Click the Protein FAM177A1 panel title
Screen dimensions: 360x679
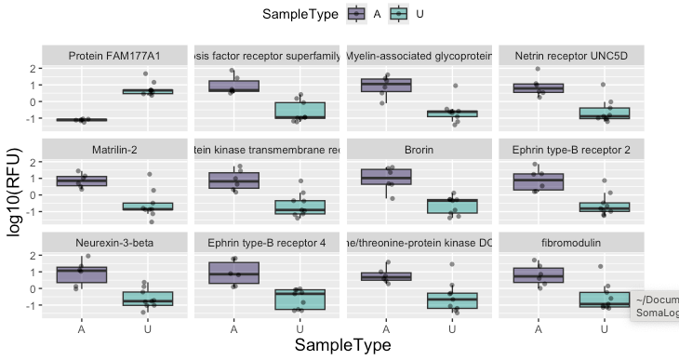tap(114, 57)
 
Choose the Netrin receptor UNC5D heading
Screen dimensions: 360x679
tap(571, 57)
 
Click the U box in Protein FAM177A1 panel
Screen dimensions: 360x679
tap(147, 91)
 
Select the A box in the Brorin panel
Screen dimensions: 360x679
tap(386, 177)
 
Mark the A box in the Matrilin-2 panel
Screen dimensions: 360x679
tap(82, 180)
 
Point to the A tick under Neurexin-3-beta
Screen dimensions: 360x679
tap(82, 328)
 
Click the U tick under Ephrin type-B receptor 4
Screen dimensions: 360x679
tap(300, 328)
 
